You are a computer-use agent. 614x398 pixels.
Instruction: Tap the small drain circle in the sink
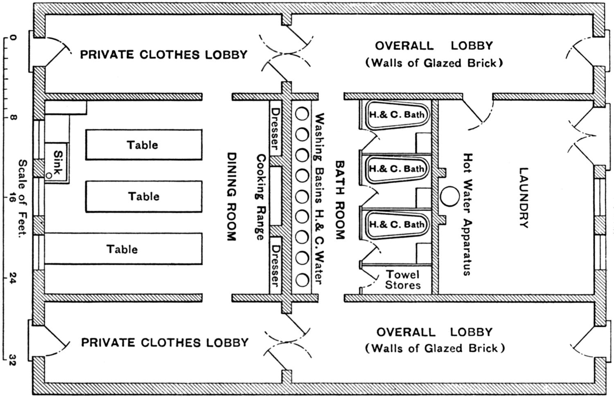pos(49,175)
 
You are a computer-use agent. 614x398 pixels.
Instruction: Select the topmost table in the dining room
pos(143,144)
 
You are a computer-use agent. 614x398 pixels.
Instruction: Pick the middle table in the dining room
pos(143,196)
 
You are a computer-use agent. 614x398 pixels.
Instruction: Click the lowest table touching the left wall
pos(123,249)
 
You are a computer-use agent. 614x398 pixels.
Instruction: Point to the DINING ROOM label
pos(232,196)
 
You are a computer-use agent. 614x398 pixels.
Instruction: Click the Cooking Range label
pos(260,196)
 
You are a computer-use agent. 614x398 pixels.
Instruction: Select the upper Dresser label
pos(275,128)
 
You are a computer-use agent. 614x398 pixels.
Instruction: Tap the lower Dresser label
pos(275,265)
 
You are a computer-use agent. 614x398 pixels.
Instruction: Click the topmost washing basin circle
pos(302,114)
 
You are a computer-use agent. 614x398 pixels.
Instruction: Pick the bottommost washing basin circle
pos(302,280)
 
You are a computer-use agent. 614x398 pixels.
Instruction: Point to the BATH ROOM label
pos(340,199)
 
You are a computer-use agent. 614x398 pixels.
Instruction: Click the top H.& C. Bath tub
pos(396,115)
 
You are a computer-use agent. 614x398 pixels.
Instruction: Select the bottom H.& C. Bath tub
pos(396,224)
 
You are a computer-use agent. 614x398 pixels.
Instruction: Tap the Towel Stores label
pos(403,280)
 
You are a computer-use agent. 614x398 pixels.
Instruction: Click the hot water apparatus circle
pos(450,196)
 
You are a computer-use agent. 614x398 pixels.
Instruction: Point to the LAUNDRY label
pos(524,197)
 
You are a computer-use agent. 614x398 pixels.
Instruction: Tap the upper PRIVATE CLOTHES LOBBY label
pos(163,54)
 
